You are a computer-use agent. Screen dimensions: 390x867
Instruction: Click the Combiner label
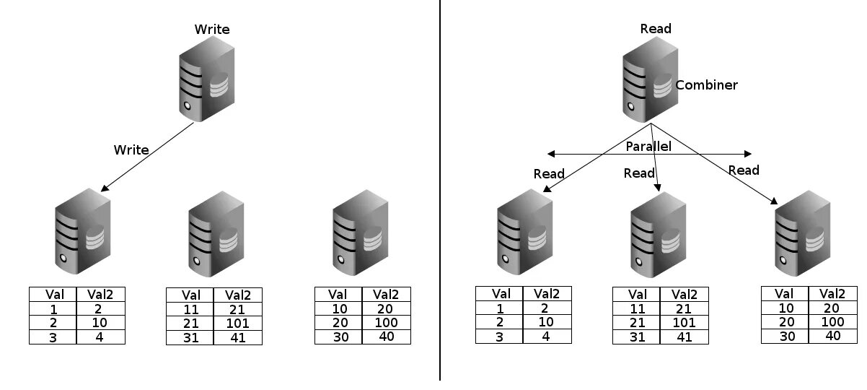click(706, 85)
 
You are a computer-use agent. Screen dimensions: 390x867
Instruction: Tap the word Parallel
click(648, 147)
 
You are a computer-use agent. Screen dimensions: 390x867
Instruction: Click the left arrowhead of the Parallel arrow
click(550, 154)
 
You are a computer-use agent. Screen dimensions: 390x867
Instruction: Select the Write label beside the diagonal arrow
click(131, 150)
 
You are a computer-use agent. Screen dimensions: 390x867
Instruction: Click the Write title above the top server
click(212, 30)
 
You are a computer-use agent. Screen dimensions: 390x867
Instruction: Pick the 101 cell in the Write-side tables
click(237, 323)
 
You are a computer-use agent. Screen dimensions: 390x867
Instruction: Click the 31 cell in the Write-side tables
click(190, 337)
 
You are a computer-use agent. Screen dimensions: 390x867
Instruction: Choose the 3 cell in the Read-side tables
click(499, 336)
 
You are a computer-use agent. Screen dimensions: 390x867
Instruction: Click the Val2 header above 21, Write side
click(237, 295)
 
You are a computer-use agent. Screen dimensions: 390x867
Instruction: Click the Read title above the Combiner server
click(656, 29)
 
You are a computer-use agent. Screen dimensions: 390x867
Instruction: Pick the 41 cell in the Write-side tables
click(237, 337)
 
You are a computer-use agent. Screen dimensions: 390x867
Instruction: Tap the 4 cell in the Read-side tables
click(546, 336)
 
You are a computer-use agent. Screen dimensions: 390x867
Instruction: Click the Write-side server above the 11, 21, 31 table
click(214, 232)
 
